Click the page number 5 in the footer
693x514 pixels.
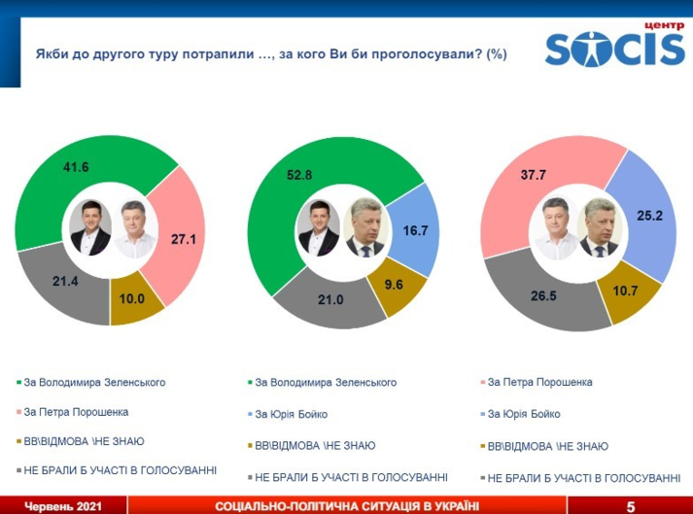click(630, 506)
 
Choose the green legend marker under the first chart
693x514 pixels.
click(18, 383)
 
